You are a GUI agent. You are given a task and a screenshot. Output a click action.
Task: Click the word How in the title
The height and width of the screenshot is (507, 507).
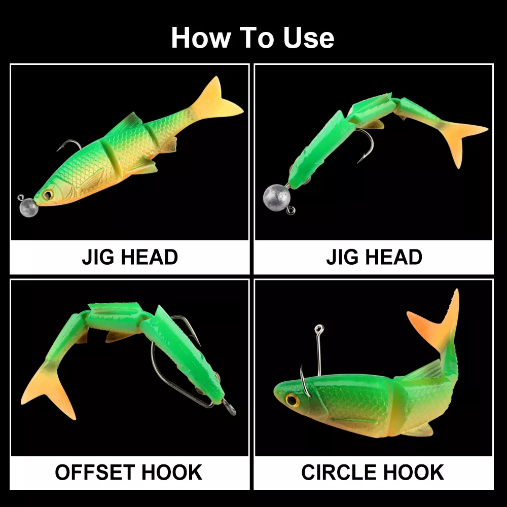click(201, 38)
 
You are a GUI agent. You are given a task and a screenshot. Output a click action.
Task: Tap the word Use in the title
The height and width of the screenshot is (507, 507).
click(308, 38)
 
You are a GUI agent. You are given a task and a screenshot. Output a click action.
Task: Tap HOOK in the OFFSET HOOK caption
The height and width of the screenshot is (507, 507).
click(172, 473)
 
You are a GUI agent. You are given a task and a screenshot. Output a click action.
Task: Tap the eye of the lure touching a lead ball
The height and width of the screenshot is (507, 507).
click(48, 195)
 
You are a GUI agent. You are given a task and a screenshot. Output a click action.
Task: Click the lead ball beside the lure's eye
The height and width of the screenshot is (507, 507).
click(28, 207)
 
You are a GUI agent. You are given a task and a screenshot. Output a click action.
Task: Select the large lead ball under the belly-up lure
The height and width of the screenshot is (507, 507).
click(276, 197)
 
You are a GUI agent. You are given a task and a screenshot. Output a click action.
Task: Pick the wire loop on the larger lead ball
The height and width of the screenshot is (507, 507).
click(291, 210)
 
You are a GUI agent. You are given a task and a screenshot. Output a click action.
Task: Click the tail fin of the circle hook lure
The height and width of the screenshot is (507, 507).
click(437, 320)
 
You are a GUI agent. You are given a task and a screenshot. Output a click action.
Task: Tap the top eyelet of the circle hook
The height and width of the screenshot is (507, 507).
click(319, 329)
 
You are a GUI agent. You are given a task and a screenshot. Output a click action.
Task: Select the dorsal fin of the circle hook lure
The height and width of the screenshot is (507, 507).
click(423, 369)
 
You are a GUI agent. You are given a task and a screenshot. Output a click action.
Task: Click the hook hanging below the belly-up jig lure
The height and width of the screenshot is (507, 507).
click(366, 145)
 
